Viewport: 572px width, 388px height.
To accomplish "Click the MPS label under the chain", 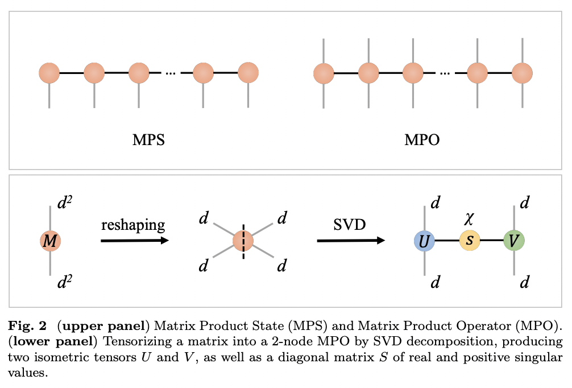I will coord(148,139).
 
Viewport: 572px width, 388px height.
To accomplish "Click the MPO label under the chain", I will coord(422,139).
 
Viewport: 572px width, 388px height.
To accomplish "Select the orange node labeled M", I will coord(50,242).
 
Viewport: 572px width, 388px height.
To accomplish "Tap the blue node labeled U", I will coord(424,241).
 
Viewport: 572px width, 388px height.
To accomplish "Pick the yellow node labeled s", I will coord(470,241).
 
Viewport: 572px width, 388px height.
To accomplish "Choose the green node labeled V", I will coord(514,241).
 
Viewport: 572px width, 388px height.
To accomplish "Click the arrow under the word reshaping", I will coord(135,241).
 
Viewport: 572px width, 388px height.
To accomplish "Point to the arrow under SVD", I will coord(350,241).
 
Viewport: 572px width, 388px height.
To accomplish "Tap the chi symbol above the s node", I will coord(469,220).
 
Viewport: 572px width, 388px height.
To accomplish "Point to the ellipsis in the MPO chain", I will coord(445,73).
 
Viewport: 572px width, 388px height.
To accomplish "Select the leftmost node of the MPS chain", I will coord(49,73).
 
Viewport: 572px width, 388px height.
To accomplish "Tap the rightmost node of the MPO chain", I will coord(521,73).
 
